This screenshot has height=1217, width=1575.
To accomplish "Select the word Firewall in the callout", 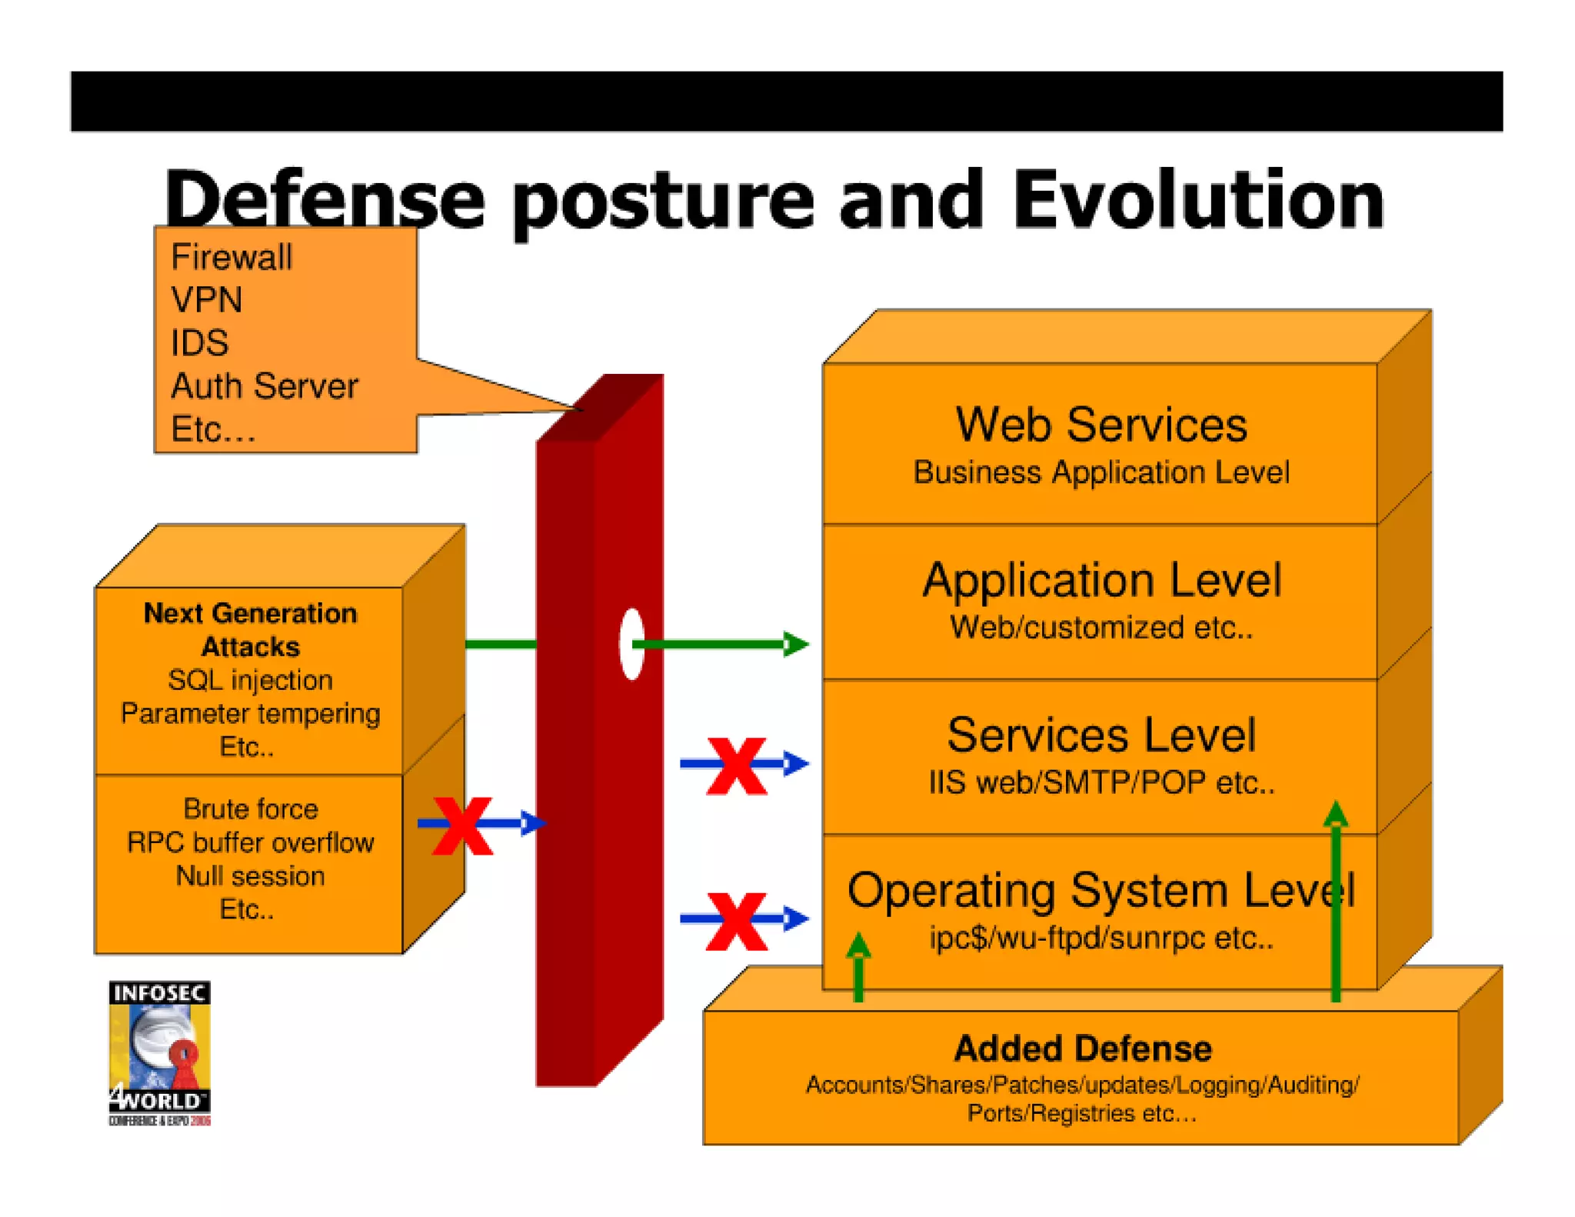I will [231, 257].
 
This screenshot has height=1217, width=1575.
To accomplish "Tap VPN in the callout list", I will [206, 300].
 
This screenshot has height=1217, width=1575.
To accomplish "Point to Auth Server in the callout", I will [264, 386].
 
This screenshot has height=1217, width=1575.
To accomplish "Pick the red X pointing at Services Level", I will [737, 765].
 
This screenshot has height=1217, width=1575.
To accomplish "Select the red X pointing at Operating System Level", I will [737, 921].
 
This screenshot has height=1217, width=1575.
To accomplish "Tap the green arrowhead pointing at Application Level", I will [796, 644].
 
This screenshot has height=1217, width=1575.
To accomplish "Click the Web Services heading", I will [1101, 425].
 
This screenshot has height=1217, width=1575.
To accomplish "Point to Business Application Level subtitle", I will [1101, 472].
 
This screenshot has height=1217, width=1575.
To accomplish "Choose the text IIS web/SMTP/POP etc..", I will [1101, 782].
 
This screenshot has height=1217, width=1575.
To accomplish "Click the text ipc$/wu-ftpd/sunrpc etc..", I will [1101, 938].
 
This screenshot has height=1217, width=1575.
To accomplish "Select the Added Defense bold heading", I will [1083, 1049].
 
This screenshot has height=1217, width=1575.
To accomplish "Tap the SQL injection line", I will [250, 680].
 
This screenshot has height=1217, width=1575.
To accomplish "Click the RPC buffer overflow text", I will [250, 842].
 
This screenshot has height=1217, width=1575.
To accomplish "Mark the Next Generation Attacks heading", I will [250, 629].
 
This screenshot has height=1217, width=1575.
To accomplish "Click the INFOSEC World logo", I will [159, 1052].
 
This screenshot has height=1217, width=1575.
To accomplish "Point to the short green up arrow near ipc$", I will [858, 965].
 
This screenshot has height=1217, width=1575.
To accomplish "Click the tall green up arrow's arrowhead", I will [1336, 814].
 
